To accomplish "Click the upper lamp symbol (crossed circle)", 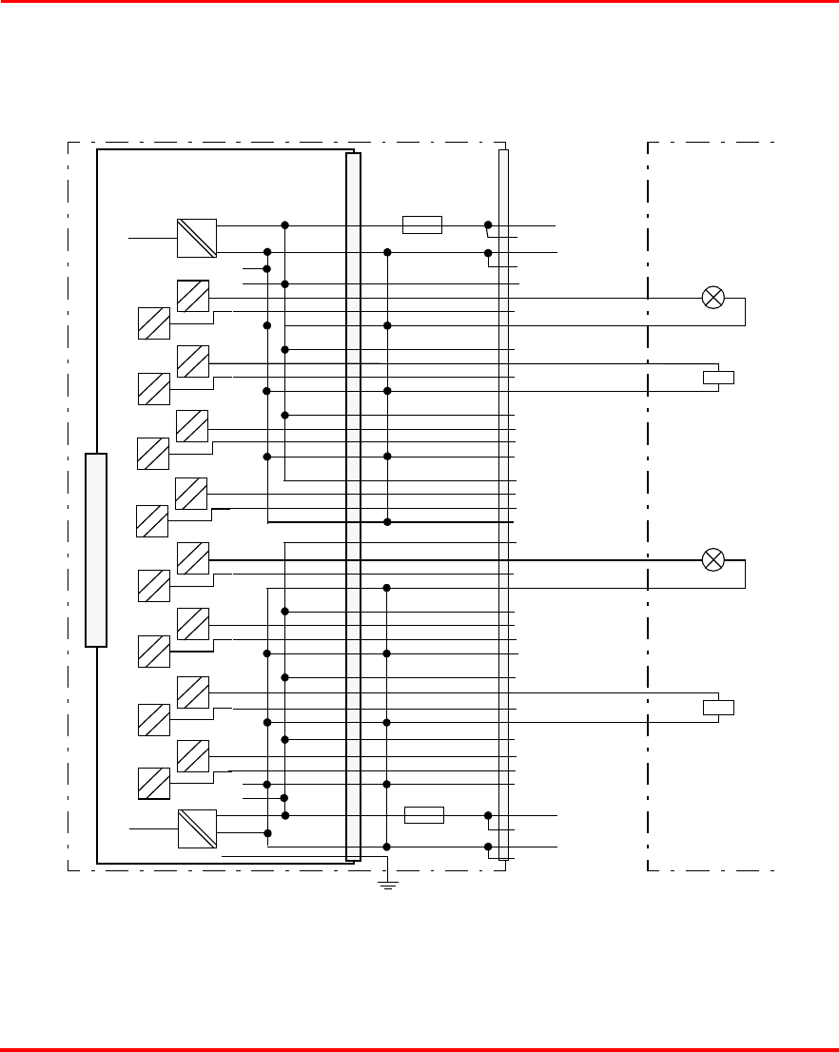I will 712,298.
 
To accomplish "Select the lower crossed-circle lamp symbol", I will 712,559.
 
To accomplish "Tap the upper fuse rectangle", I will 421,224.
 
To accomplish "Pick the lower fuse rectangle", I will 423,815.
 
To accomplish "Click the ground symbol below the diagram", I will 388,885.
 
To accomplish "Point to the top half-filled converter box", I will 197,238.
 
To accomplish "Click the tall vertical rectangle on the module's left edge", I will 96,550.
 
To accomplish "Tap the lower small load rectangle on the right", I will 718,707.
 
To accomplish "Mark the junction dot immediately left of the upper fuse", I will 284,224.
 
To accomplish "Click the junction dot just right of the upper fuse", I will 488,224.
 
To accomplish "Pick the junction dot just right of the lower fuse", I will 488,815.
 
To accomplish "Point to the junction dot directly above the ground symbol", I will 387,847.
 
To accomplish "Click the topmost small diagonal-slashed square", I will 193,296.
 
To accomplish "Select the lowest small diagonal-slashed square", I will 154,783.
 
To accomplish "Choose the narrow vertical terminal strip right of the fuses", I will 503,504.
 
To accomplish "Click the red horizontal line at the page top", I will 419,2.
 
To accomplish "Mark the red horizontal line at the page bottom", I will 419,1049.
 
